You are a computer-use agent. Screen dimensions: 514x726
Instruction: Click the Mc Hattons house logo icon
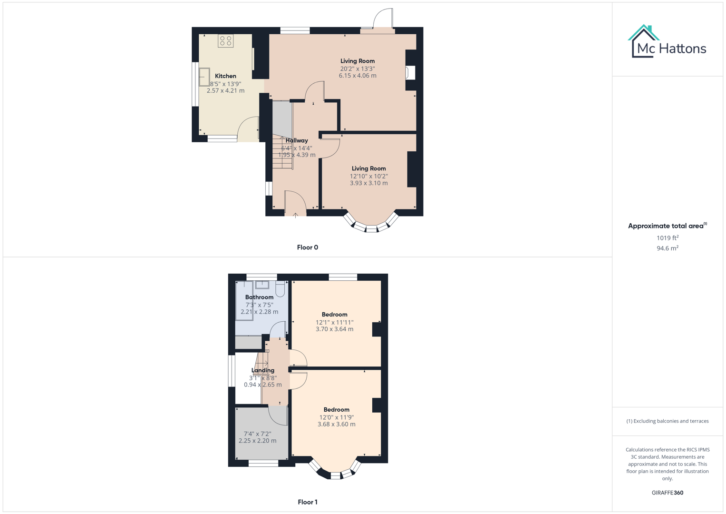(643, 41)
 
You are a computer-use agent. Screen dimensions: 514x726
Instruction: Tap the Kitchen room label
(225, 76)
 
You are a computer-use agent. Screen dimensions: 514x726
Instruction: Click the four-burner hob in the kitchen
(226, 41)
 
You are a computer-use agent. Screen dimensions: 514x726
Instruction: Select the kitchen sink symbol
(204, 77)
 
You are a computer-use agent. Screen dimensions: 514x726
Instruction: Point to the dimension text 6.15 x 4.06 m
(358, 76)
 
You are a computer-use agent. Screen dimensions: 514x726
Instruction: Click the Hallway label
(297, 140)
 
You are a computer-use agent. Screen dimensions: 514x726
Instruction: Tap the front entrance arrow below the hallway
(295, 216)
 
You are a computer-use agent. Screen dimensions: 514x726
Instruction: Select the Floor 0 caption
(307, 247)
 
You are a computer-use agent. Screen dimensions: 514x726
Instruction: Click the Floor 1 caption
(307, 502)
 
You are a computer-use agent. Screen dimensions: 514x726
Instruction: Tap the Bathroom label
(259, 297)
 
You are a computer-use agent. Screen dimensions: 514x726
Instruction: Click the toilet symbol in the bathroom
(280, 288)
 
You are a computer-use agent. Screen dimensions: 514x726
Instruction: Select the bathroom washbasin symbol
(262, 285)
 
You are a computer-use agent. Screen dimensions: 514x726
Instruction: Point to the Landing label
(262, 370)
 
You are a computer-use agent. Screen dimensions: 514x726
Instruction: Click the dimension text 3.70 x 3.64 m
(334, 329)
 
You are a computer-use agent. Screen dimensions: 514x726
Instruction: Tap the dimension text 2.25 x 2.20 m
(257, 441)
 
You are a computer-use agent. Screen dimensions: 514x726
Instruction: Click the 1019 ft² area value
(667, 238)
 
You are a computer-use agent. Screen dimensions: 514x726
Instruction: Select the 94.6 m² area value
(667, 248)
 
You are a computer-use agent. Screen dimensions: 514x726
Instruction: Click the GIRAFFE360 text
(667, 493)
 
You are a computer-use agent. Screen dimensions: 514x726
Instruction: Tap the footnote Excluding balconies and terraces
(667, 421)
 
